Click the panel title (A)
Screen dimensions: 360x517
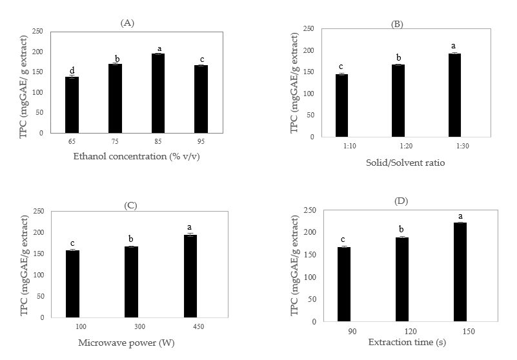point(127,23)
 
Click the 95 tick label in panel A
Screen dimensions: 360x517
point(200,140)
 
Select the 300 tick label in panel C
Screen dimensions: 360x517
point(132,326)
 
